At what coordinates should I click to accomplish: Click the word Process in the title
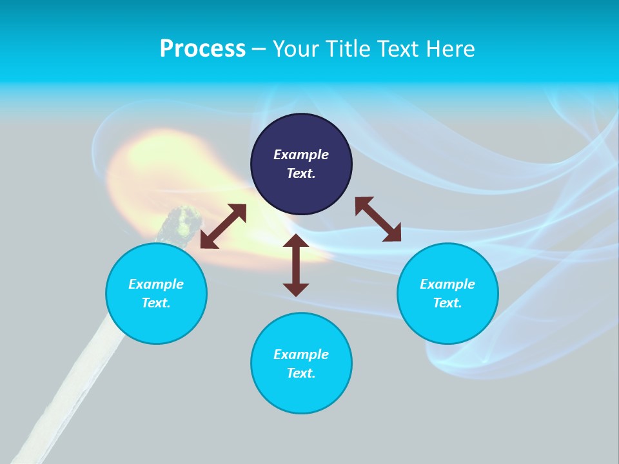(202, 49)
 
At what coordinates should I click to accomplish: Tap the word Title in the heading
(348, 48)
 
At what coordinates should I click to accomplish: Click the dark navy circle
(301, 164)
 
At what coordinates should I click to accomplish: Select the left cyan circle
(156, 293)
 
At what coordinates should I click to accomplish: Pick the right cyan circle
(447, 293)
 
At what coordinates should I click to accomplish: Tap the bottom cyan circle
(301, 363)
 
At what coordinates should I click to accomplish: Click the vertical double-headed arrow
(296, 265)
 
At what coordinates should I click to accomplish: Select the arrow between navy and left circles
(224, 226)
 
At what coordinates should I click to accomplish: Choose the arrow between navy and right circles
(378, 219)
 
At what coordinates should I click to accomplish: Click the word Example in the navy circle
(301, 155)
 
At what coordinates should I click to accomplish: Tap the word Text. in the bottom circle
(301, 373)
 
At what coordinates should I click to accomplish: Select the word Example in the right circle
(447, 284)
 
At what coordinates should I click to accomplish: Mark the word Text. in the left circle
(156, 303)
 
